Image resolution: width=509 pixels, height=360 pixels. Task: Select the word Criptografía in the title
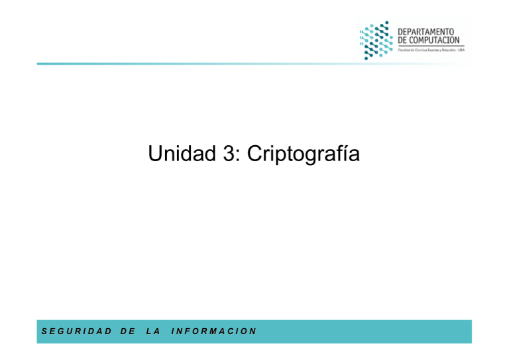click(303, 156)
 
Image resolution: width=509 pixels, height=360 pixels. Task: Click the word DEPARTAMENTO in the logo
click(426, 31)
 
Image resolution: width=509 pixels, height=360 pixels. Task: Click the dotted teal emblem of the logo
click(376, 40)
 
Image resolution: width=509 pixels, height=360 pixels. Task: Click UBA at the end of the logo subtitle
click(461, 50)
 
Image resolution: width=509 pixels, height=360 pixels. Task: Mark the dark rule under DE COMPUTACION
click(431, 46)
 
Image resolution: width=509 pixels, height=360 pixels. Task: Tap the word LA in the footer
click(151, 331)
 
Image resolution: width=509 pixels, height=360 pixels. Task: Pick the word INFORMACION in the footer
click(213, 331)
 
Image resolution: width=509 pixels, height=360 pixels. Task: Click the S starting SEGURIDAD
click(44, 331)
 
